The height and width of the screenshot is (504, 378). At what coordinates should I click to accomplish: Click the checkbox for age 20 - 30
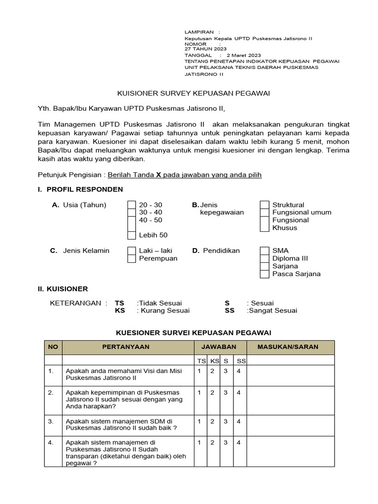point(131,205)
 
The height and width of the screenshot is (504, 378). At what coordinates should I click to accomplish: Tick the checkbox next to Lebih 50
point(131,235)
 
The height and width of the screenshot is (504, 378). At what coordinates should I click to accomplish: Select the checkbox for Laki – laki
point(131,251)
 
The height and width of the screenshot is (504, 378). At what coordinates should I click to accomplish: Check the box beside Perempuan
point(131,258)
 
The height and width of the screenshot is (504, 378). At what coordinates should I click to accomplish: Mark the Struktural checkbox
point(265,205)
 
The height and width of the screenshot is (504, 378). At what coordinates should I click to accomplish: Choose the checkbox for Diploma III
point(265,258)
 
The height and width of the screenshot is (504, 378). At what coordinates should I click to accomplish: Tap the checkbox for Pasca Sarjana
point(265,274)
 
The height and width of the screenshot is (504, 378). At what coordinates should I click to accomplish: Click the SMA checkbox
point(265,251)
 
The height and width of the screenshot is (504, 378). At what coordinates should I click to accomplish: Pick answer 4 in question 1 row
point(238,371)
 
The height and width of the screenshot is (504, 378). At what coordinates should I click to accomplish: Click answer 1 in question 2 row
point(199,392)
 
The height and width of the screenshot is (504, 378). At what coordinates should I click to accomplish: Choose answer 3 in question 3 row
point(225,421)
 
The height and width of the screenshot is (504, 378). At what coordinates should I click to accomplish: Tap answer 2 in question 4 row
point(212,442)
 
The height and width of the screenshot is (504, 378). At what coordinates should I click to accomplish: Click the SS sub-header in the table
point(241,361)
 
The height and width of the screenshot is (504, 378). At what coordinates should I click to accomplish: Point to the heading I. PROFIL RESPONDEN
point(80,189)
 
